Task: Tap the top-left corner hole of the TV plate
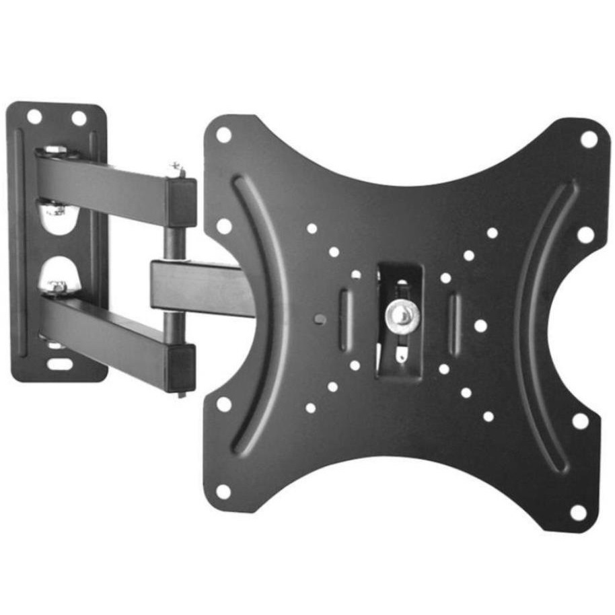[224, 135]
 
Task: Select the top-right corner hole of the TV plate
[589, 139]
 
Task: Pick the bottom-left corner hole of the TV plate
[223, 491]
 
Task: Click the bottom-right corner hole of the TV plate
[578, 512]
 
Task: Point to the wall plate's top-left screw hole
[34, 117]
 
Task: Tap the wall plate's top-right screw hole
[79, 118]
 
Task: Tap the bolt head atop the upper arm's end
[176, 168]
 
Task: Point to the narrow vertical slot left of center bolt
[344, 320]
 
